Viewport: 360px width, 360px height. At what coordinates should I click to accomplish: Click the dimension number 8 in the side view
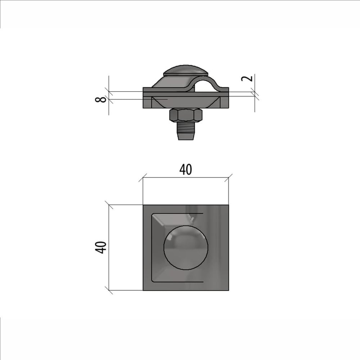point(100,99)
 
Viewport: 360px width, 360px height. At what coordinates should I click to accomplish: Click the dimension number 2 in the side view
point(247,78)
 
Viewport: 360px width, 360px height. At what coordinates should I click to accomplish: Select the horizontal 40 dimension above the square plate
point(185,170)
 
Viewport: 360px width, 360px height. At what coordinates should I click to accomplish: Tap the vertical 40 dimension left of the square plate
point(100,248)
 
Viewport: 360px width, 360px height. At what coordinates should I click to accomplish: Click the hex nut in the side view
point(186,115)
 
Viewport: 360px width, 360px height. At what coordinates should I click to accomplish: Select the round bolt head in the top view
point(186,247)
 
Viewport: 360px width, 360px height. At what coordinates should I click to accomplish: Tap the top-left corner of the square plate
point(143,205)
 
